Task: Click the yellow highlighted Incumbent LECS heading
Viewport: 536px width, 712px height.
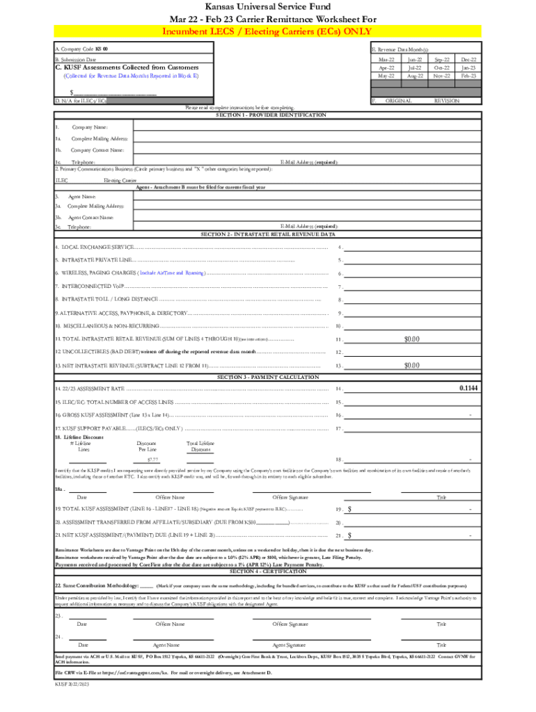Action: [x=267, y=32]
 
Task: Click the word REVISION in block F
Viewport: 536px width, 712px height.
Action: [x=446, y=101]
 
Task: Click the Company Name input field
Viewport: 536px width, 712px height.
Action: [x=306, y=127]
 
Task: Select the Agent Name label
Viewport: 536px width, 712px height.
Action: [x=82, y=197]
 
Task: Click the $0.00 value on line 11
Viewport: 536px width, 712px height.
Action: [x=412, y=339]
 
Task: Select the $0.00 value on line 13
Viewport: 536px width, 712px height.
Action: [x=412, y=365]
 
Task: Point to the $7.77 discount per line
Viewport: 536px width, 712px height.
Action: [x=152, y=460]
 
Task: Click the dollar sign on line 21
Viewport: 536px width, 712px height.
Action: [x=349, y=535]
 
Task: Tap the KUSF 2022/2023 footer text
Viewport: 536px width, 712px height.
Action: [x=72, y=685]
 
